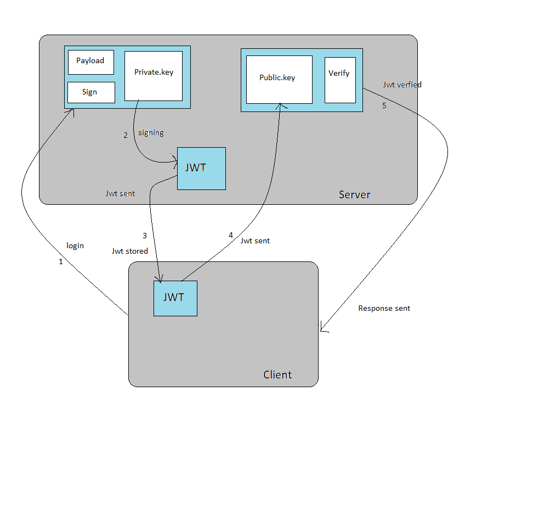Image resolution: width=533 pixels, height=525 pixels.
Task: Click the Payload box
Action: click(x=90, y=62)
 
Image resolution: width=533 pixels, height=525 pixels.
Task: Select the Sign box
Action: click(x=91, y=92)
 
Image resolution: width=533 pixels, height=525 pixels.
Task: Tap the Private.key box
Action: click(x=154, y=76)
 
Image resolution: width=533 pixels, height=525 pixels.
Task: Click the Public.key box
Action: click(x=279, y=79)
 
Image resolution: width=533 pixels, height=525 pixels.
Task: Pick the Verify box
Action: click(x=340, y=80)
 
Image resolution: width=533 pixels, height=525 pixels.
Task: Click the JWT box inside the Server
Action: click(x=201, y=169)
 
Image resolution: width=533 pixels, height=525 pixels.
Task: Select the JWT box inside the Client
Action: click(x=175, y=298)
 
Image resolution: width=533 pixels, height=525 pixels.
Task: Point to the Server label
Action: click(x=354, y=194)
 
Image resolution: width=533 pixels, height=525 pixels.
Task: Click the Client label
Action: click(x=277, y=375)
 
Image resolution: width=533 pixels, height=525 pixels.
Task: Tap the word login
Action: click(x=75, y=245)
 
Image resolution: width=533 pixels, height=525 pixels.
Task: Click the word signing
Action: click(x=151, y=133)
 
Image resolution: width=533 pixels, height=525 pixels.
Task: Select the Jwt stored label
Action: click(x=129, y=251)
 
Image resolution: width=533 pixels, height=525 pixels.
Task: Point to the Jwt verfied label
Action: click(x=402, y=85)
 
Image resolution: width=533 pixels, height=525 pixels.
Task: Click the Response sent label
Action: click(x=384, y=309)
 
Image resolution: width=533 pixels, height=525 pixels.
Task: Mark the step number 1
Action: click(x=61, y=262)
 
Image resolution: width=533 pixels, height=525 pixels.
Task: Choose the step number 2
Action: click(x=126, y=135)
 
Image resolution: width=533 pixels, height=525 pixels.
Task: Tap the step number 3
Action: click(x=145, y=236)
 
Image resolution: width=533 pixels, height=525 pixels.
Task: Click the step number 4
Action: click(x=231, y=235)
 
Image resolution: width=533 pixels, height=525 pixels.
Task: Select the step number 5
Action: click(x=384, y=105)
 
